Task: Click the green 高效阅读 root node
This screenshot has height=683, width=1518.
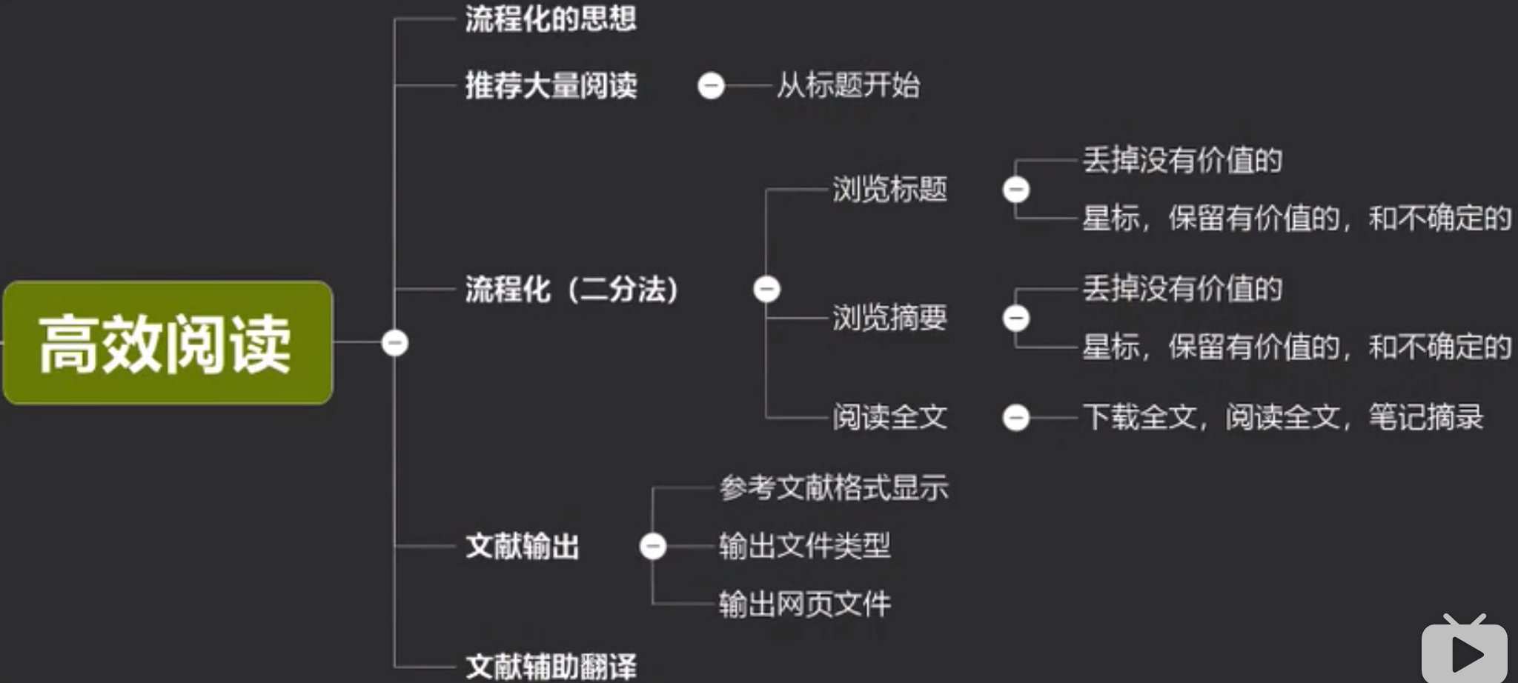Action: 168,343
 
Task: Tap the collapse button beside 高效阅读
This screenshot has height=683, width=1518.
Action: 394,343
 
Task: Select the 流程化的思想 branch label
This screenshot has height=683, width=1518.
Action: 550,19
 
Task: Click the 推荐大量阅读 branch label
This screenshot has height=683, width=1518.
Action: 551,86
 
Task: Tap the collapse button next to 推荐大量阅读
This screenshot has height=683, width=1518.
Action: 710,86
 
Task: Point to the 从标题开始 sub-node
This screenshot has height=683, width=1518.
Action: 848,86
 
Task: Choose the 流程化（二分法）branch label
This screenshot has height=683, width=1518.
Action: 571,289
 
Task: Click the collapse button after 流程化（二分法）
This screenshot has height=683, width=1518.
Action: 766,289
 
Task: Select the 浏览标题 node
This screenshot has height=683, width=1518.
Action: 889,190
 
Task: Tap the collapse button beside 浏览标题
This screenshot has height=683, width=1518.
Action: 1015,190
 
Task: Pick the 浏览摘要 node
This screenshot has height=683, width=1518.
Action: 889,318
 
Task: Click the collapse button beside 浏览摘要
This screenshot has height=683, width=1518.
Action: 1015,318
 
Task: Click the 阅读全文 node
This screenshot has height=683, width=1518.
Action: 889,417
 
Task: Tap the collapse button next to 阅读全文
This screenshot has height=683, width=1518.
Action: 1015,417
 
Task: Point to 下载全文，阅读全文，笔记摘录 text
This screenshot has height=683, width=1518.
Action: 1282,417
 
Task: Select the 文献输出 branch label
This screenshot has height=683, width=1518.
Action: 522,547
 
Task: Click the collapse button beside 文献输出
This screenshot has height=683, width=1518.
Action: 652,547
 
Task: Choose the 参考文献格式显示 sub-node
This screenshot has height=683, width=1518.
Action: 833,488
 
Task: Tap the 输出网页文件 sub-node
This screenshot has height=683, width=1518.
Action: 804,604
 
